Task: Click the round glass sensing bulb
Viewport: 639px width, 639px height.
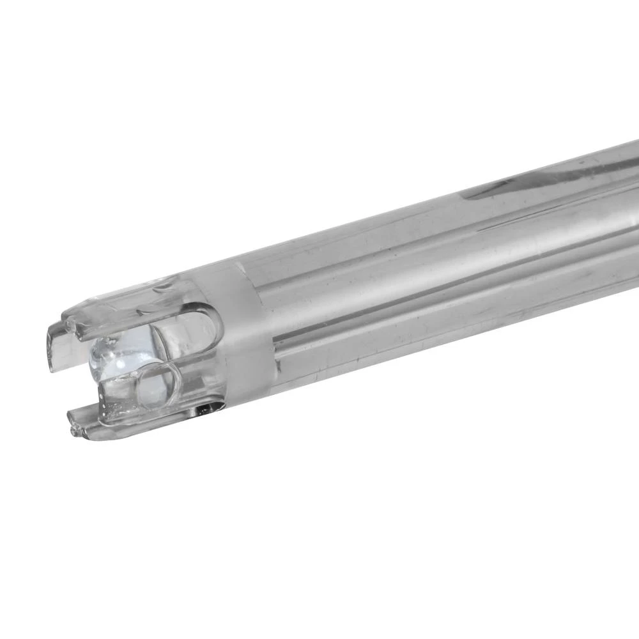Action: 118,361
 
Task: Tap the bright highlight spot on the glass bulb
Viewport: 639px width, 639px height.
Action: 102,351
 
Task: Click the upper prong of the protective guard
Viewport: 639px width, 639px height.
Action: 128,307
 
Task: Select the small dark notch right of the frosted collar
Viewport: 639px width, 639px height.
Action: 277,367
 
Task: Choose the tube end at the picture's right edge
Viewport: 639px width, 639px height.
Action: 629,211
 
